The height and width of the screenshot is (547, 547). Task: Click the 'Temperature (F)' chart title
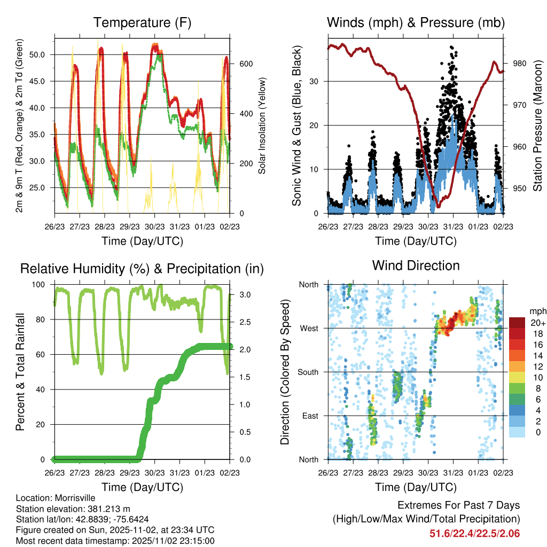(x=142, y=22)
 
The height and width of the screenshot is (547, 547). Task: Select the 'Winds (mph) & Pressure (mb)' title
(x=416, y=22)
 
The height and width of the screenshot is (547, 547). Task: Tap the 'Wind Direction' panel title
(x=416, y=265)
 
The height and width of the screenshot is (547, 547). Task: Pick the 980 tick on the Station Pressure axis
(x=520, y=64)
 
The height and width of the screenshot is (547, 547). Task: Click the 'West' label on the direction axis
(x=309, y=329)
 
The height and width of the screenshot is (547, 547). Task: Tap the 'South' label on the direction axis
(x=308, y=372)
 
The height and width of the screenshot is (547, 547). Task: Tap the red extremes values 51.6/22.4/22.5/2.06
(x=474, y=533)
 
